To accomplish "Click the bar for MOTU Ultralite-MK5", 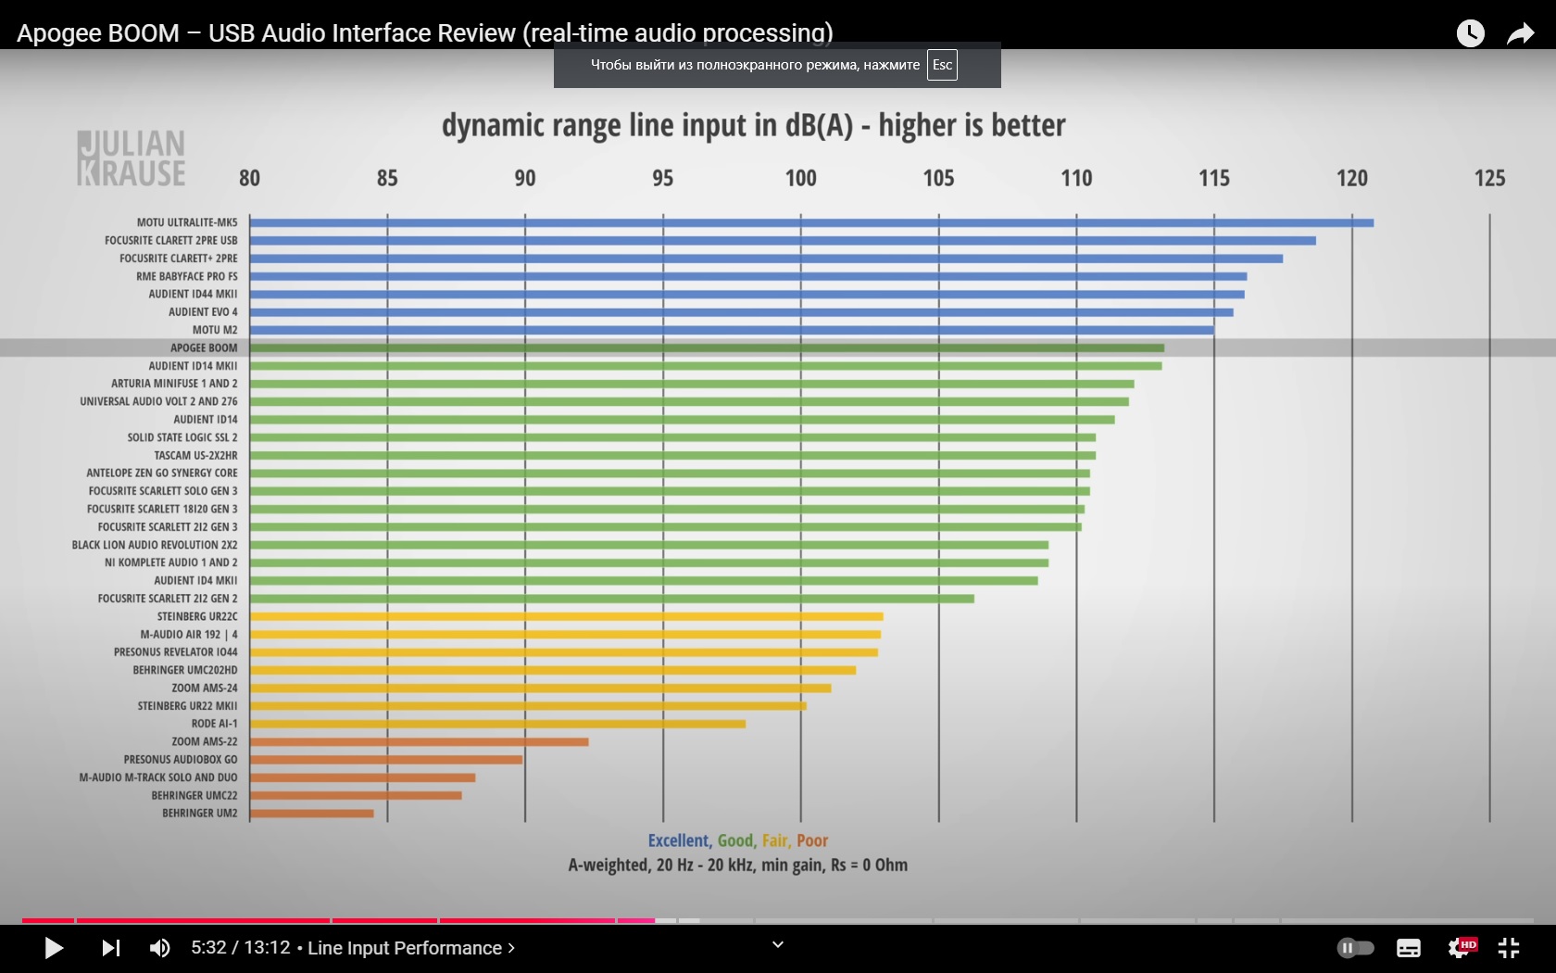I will coord(810,222).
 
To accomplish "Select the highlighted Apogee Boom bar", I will coord(706,348).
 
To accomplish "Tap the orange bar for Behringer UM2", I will coord(311,814).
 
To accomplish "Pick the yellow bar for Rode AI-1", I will coord(497,724).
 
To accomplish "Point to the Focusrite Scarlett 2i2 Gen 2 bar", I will coord(611,599).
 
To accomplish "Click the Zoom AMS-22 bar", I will coord(419,742).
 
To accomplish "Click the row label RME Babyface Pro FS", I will coord(186,276).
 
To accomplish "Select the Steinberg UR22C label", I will coord(196,616).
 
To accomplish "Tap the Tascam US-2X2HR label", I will coord(195,455).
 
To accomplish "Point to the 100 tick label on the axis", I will coord(801,178).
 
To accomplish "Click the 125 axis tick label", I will coord(1489,178).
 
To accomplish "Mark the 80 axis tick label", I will coord(249,178).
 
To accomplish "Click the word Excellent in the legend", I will coord(679,840).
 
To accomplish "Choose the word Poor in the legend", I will coord(812,840).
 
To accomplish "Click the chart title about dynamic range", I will coord(753,125).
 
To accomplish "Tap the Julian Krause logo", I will coord(132,158).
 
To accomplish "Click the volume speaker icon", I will coord(159,948).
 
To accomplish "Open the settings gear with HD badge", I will coord(1460,948).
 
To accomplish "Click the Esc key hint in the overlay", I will coord(942,65).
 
